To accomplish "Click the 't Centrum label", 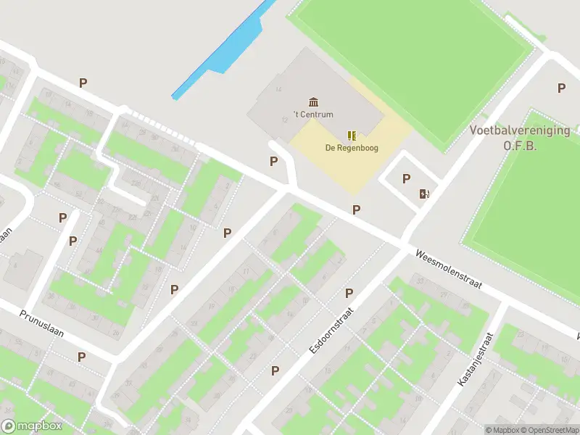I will (313, 115).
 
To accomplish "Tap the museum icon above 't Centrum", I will (313, 101).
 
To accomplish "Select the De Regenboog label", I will (351, 149).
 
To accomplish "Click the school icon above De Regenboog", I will (352, 135).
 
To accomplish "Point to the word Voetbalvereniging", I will (519, 130).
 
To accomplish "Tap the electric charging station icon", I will (424, 194).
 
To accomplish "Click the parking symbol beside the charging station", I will (406, 178).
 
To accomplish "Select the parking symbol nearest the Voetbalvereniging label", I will (561, 88).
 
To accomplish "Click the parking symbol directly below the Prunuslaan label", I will (82, 357).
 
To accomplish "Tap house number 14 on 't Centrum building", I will (279, 90).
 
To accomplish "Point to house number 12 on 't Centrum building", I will (284, 120).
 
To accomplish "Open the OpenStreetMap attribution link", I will (549, 430).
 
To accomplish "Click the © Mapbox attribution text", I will (502, 430).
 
